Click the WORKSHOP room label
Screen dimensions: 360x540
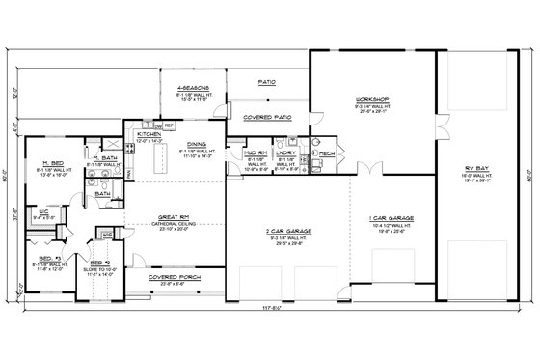tap(371, 100)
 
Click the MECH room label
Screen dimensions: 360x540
tap(326, 152)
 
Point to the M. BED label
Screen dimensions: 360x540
tap(53, 163)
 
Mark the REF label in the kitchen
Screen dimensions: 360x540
tap(169, 125)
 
